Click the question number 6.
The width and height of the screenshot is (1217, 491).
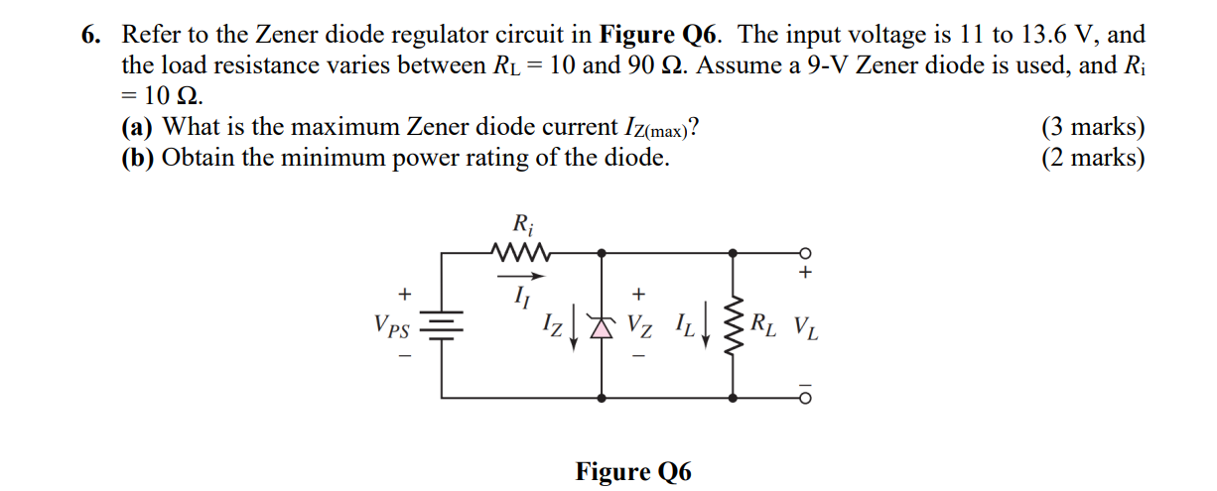pyautogui.click(x=91, y=36)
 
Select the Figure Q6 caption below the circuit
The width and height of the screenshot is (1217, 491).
pyautogui.click(x=633, y=471)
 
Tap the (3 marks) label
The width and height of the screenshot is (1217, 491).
pyautogui.click(x=1093, y=128)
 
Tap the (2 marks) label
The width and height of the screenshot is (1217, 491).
pyautogui.click(x=1093, y=158)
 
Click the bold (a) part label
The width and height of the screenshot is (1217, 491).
pyautogui.click(x=137, y=128)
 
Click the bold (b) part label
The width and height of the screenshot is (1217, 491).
pyautogui.click(x=138, y=158)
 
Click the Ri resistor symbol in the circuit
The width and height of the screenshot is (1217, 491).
pyautogui.click(x=520, y=253)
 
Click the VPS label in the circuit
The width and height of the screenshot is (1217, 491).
pyautogui.click(x=393, y=325)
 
